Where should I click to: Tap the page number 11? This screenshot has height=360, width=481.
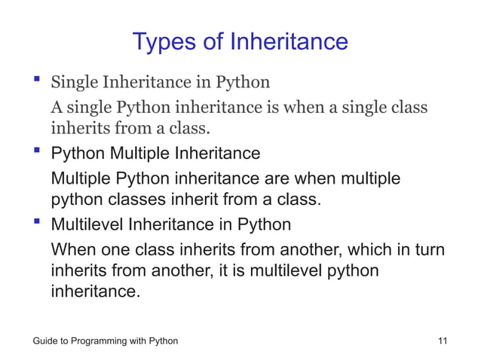[x=443, y=341]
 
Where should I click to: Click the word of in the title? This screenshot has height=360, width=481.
[x=214, y=41]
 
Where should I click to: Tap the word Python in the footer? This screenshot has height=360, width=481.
[x=162, y=341]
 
